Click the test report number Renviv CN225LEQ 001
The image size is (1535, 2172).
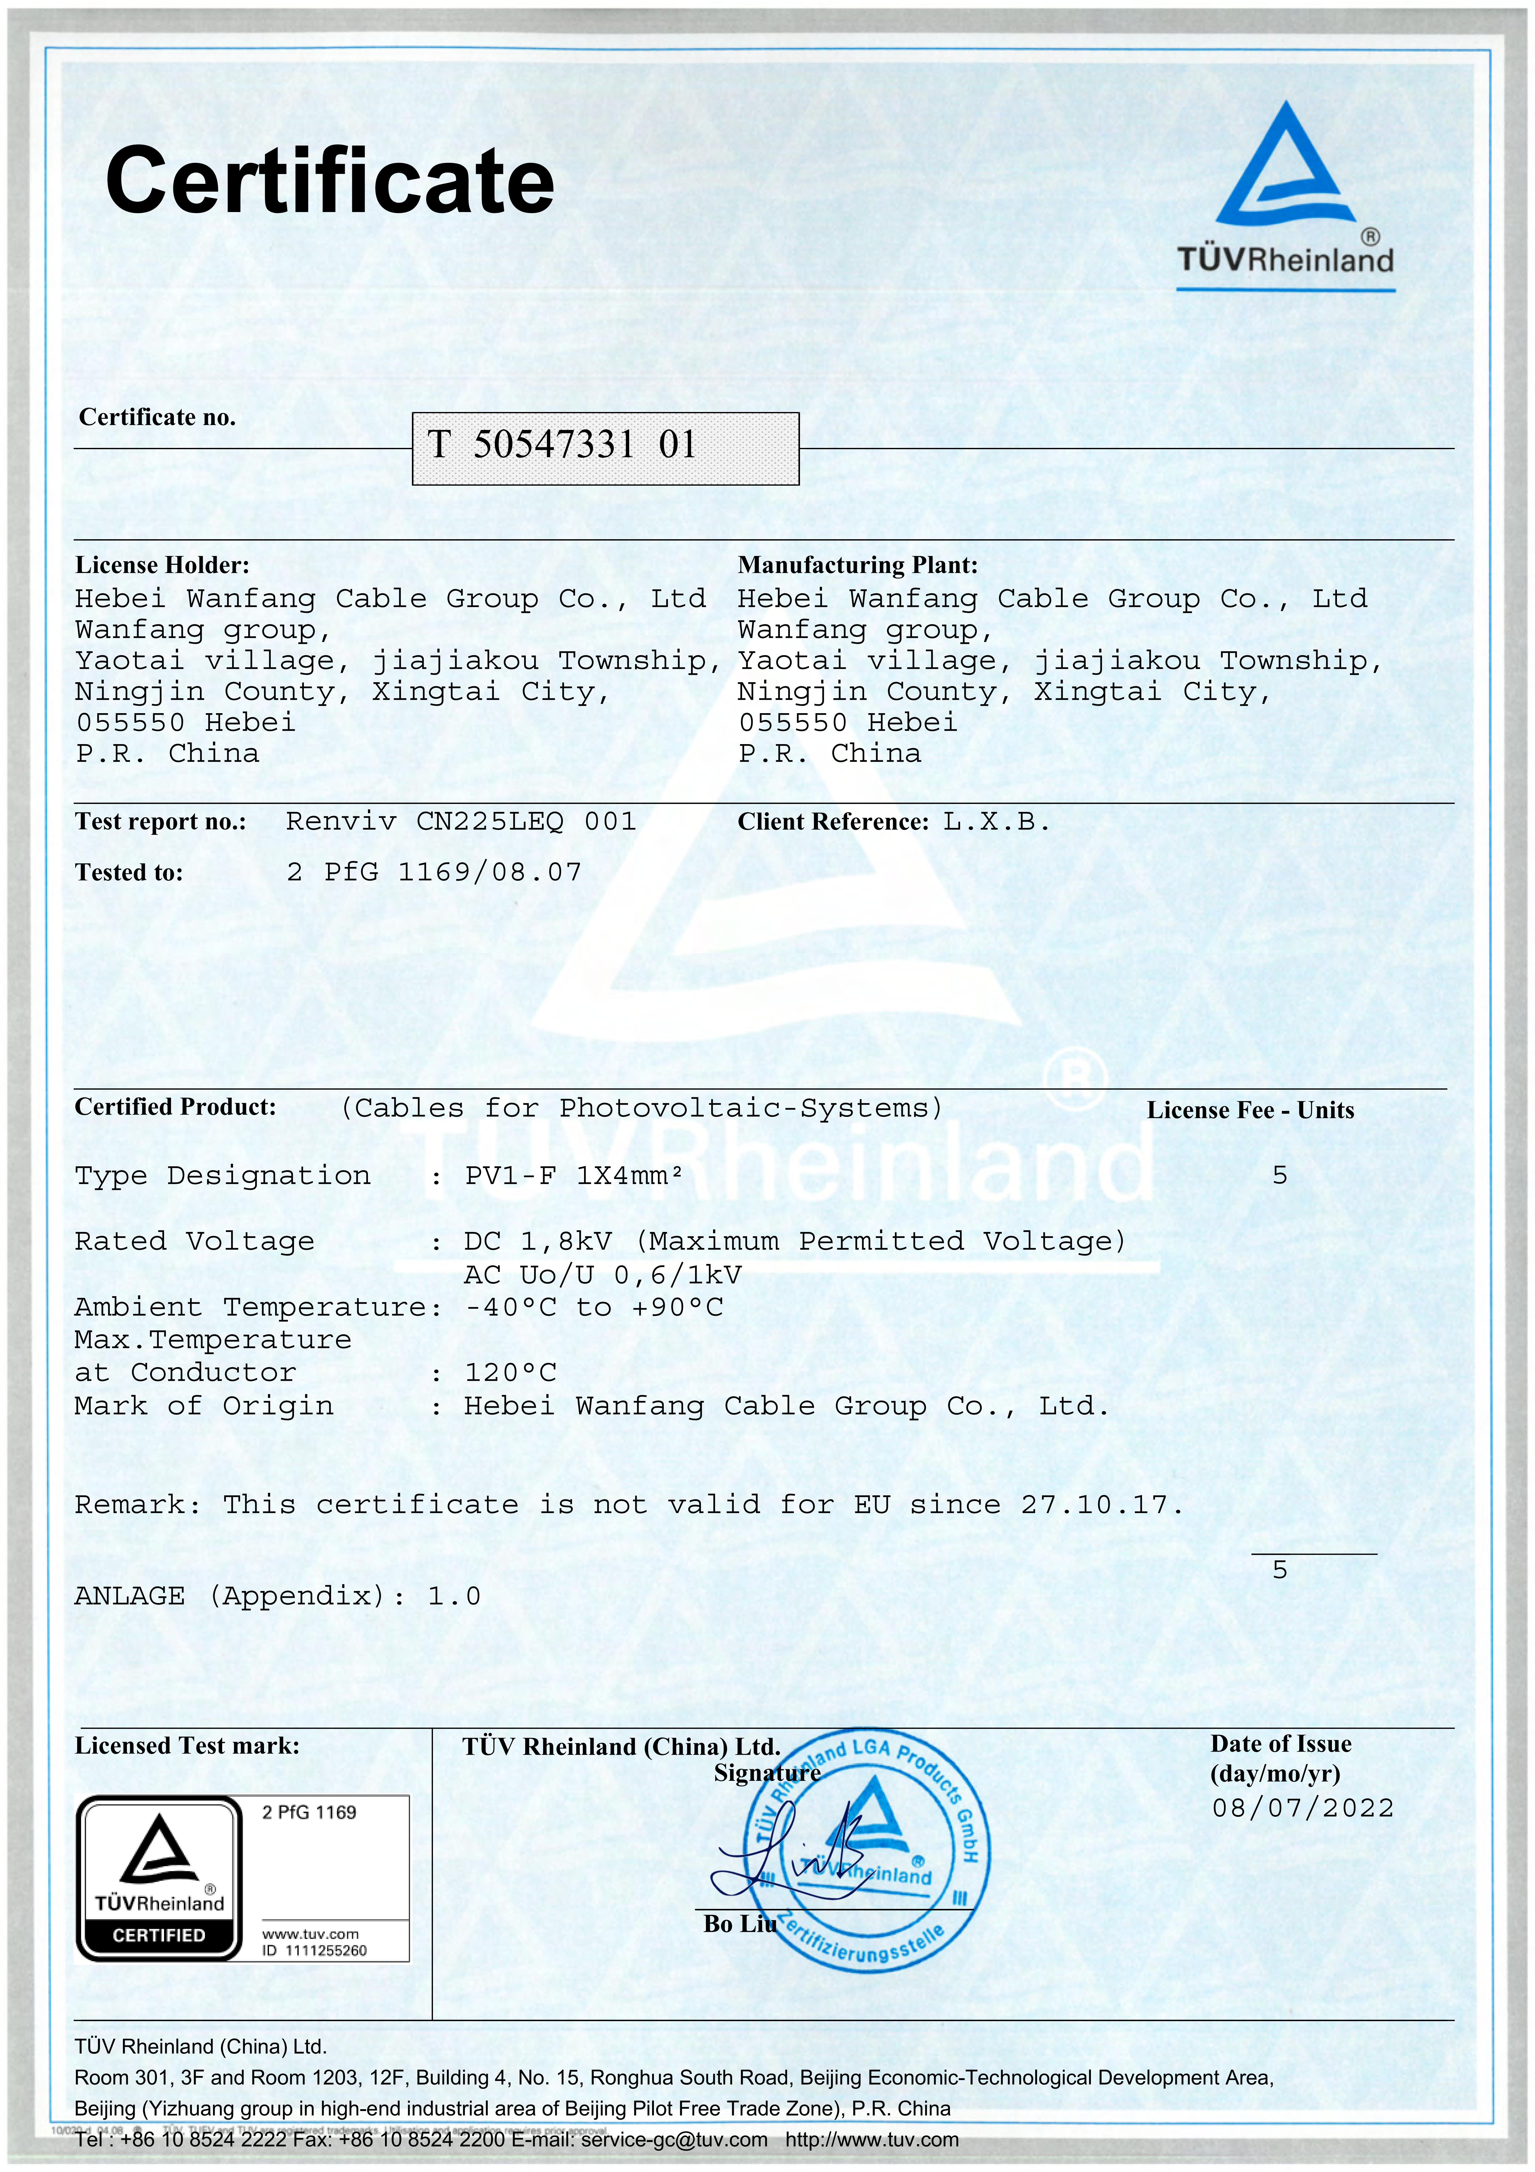pyautogui.click(x=460, y=821)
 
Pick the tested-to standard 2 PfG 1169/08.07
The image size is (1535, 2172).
pyautogui.click(x=433, y=872)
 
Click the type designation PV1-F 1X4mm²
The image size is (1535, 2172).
pyautogui.click(x=573, y=1176)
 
